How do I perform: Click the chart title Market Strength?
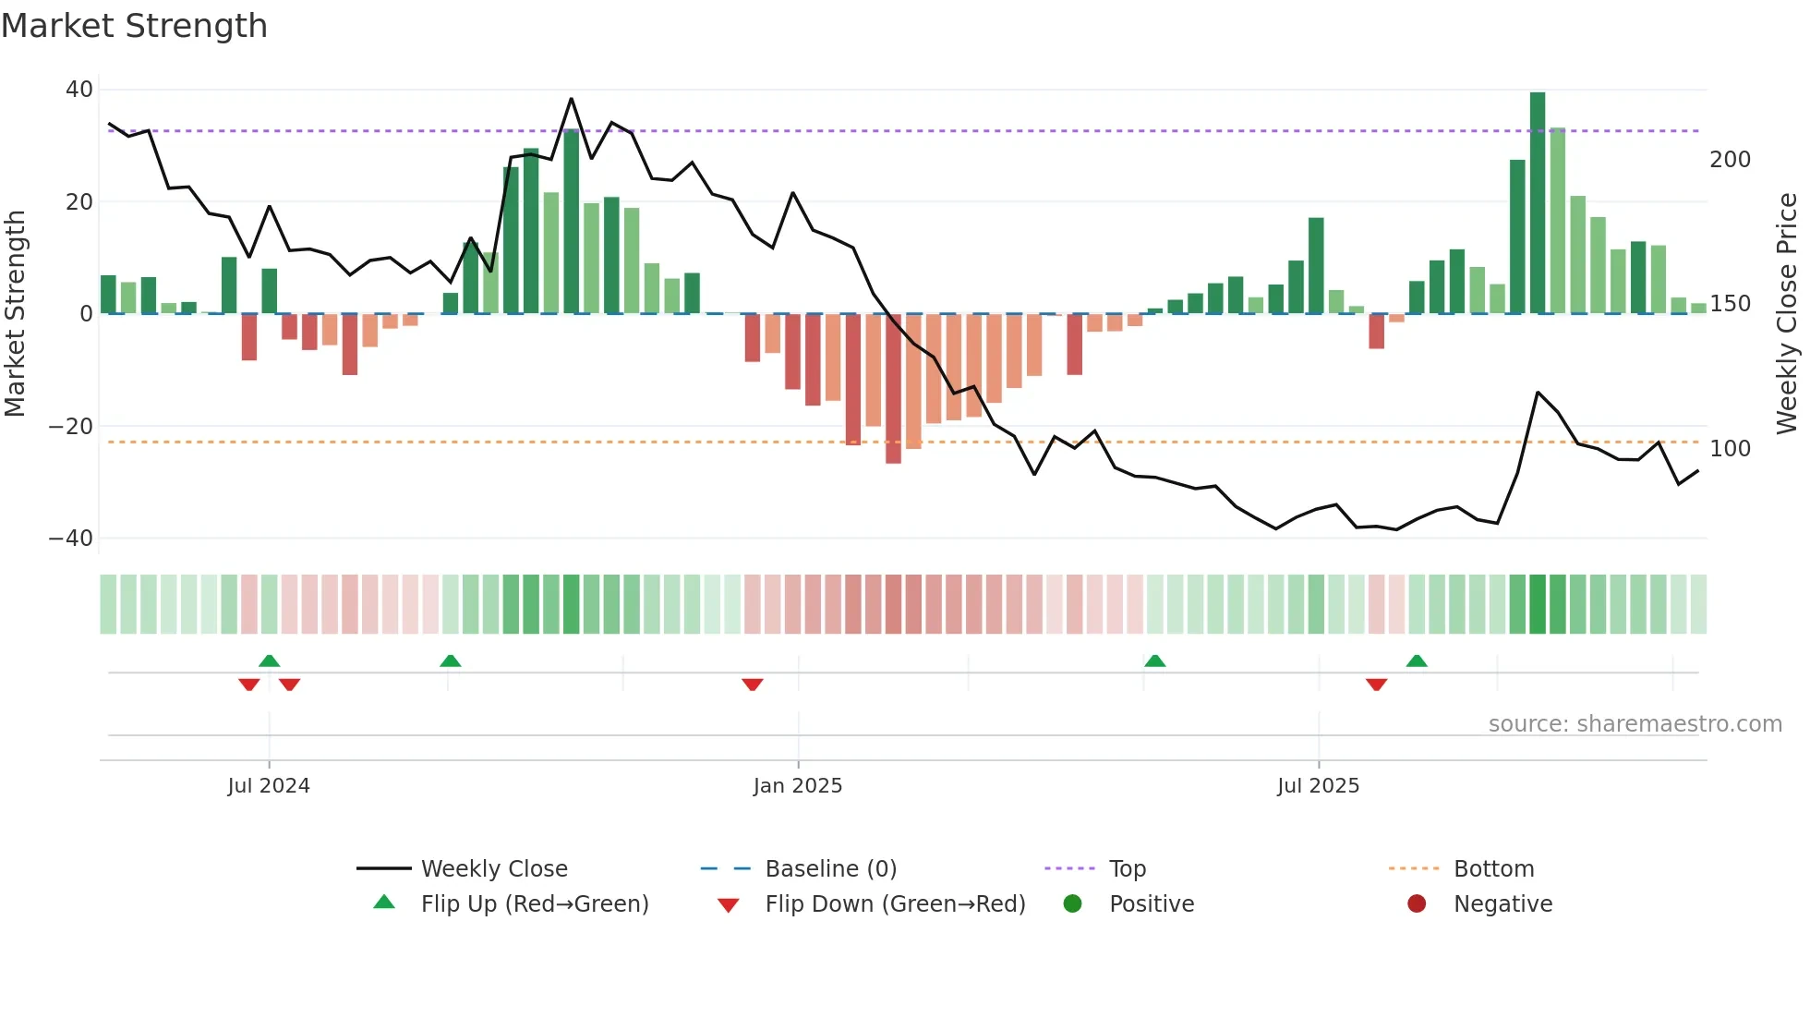134,26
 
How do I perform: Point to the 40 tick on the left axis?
79,90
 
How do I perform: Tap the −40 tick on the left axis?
71,539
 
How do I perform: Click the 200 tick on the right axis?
1730,160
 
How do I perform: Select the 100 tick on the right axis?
1730,449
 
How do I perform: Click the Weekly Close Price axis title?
1787,314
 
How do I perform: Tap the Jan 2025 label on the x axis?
797,786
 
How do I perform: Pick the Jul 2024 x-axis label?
269,786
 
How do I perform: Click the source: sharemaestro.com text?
1635,724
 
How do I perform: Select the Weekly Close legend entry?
494,869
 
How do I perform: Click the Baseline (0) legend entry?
830,869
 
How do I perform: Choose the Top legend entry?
1127,869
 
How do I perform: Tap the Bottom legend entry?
1493,869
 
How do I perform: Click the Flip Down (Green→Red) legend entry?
895,904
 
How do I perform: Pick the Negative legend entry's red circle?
1417,903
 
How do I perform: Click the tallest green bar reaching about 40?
1538,203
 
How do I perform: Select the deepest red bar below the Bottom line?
893,388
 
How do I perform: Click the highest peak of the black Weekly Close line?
571,99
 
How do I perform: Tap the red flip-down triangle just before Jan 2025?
753,685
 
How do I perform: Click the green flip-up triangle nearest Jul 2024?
269,660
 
